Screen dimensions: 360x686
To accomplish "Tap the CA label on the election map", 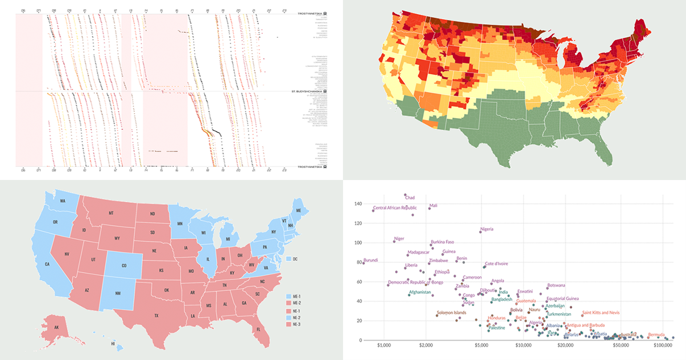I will [47, 264].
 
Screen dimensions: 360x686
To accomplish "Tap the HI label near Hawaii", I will [113, 343].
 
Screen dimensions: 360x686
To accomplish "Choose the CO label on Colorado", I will [124, 266].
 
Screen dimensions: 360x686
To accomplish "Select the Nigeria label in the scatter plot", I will [486, 229].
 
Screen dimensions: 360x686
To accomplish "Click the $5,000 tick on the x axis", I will [482, 346].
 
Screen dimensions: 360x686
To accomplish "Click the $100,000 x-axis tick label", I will [663, 346].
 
